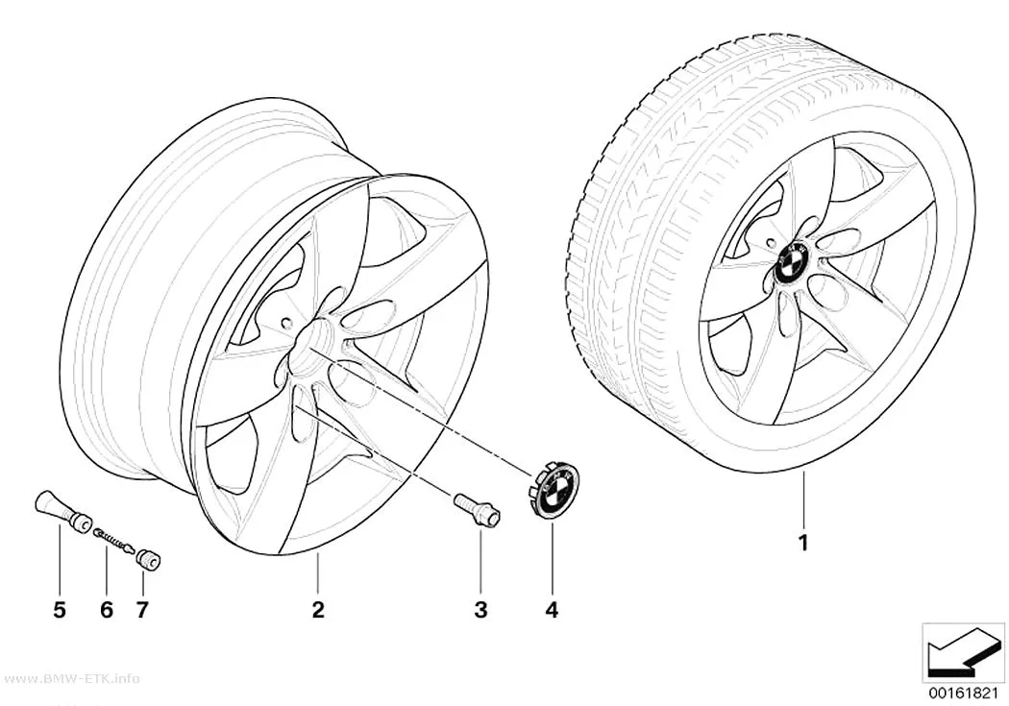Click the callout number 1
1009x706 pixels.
803,544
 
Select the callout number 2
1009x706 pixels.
318,610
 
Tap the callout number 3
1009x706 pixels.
480,610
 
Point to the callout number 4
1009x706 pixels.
552,610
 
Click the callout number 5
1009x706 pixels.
60,610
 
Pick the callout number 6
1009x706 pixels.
107,610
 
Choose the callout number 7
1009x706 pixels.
142,610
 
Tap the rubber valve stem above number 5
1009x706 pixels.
62,509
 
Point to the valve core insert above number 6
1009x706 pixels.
113,540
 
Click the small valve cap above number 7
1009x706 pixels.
149,559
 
